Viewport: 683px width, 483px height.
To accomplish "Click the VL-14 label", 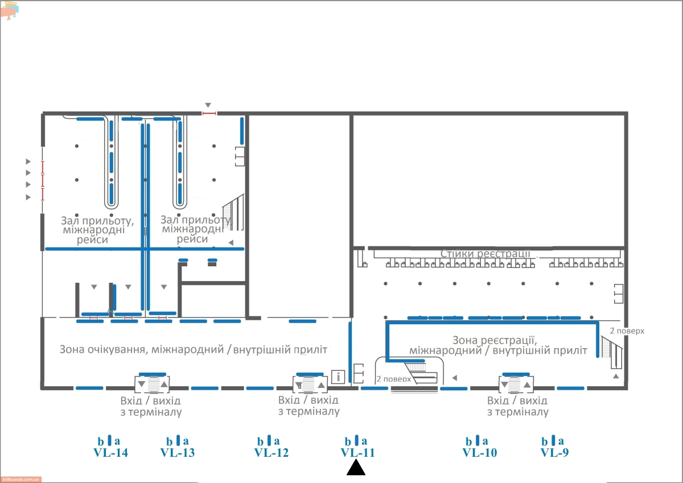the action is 110,452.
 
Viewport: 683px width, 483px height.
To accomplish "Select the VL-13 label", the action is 178,452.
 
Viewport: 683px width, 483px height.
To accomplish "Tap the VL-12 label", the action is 271,452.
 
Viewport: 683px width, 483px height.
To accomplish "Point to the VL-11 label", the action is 357,452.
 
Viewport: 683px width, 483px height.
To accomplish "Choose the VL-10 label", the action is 480,452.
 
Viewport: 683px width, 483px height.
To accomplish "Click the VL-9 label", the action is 554,452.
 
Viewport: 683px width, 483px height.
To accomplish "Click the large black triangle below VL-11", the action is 356,468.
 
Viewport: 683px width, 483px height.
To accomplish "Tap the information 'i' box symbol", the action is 338,377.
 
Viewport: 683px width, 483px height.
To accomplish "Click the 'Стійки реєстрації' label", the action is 485,254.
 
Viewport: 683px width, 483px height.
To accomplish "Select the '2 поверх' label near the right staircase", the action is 627,331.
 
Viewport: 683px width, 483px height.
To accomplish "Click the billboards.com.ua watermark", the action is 20,480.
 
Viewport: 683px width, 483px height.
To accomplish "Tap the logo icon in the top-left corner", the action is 10,10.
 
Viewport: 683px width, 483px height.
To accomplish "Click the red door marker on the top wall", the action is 209,113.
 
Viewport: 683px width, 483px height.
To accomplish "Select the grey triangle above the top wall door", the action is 208,105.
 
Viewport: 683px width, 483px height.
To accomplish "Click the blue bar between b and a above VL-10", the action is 478,440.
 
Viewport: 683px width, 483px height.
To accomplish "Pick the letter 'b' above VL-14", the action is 101,441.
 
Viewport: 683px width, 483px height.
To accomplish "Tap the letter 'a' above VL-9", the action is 561,441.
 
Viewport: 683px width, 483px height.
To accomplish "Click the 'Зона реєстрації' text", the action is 494,340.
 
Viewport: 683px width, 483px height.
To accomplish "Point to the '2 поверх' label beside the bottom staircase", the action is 394,379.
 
